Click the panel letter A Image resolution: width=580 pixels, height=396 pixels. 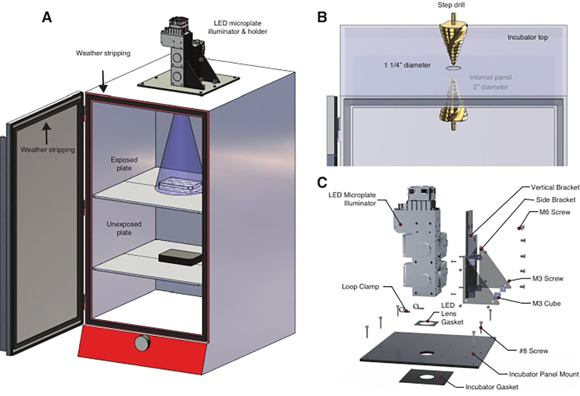47,17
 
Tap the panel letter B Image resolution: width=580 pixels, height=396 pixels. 322,17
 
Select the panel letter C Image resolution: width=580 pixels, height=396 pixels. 322,182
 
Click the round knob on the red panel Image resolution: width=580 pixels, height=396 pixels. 142,343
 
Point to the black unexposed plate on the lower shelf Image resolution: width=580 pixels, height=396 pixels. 180,257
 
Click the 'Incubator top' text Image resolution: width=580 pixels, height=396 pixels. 527,37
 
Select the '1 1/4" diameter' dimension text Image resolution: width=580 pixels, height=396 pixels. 407,65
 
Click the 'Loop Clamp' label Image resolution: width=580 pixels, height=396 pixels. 360,286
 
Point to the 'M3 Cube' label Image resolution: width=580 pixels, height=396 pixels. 546,303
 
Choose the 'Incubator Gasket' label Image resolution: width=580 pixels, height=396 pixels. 492,387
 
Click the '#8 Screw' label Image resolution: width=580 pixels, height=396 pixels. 533,351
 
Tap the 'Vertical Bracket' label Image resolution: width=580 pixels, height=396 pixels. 555,187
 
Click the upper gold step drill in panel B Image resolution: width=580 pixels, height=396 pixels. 453,41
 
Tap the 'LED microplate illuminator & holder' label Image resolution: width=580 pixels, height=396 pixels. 238,27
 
